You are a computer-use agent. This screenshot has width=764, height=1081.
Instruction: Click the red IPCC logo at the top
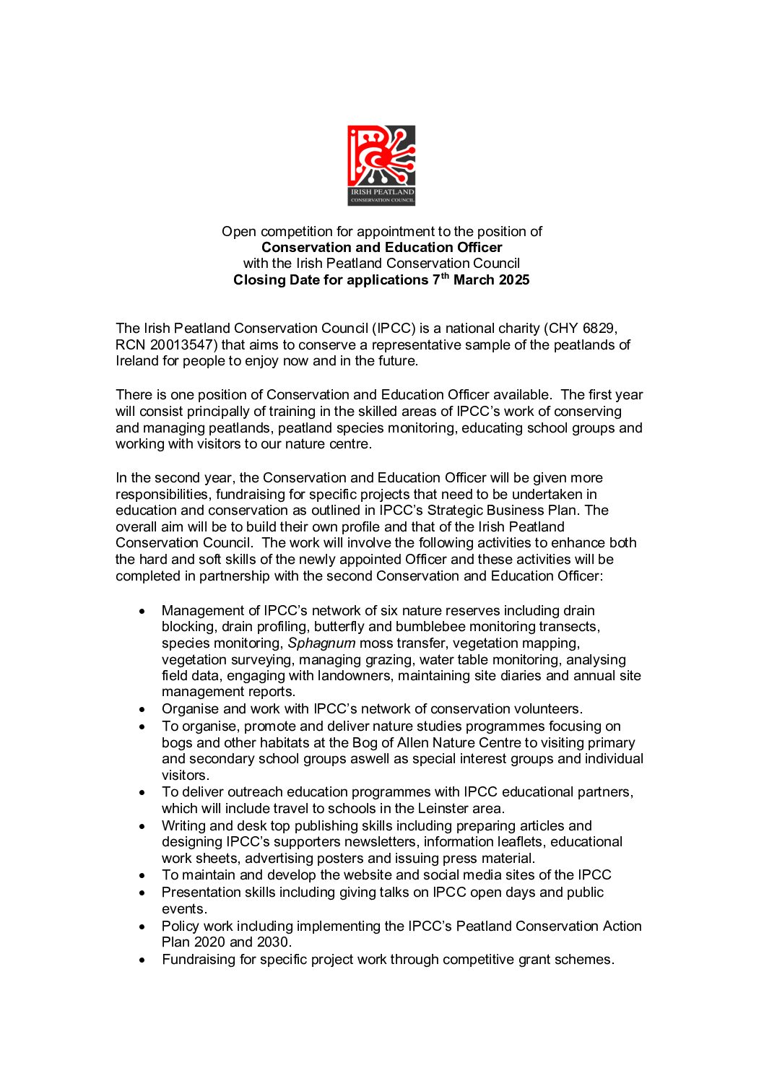[x=381, y=165]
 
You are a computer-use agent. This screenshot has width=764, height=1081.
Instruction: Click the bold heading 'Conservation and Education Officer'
[x=381, y=248]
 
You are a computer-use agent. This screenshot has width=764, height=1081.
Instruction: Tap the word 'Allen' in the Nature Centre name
[x=417, y=743]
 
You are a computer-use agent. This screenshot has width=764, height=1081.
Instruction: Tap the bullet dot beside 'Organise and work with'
[x=142, y=710]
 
